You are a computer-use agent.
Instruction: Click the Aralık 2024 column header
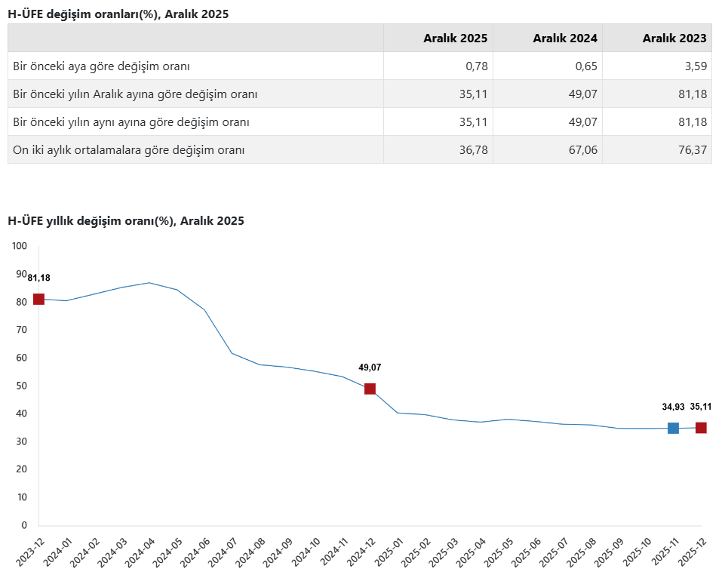(565, 38)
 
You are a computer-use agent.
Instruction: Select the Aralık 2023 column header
(674, 38)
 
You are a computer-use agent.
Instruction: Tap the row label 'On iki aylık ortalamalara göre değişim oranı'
(129, 150)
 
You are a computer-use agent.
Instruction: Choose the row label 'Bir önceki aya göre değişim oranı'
(101, 66)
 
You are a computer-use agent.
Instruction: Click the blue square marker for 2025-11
(673, 429)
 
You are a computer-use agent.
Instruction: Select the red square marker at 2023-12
(38, 300)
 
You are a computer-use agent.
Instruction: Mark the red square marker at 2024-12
(370, 389)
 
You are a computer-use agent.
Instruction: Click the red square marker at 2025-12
(701, 428)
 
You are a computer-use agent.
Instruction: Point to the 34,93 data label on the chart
(673, 407)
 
